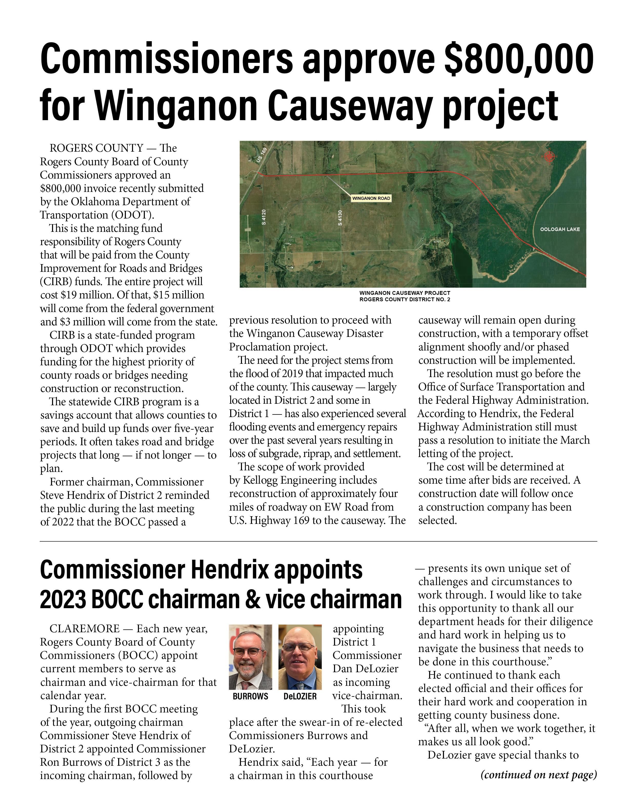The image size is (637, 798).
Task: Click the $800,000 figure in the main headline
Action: [x=519, y=59]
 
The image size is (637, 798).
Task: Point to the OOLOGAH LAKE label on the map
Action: [x=560, y=230]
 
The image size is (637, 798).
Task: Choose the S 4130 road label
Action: [x=340, y=218]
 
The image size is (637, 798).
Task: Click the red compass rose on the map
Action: [x=550, y=157]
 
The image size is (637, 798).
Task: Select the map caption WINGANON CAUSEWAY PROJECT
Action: [x=405, y=293]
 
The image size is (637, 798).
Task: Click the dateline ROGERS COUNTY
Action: [x=96, y=148]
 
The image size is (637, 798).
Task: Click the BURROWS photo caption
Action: [x=250, y=696]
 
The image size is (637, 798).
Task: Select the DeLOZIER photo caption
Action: [x=300, y=696]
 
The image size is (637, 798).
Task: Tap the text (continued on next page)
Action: [x=539, y=774]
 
